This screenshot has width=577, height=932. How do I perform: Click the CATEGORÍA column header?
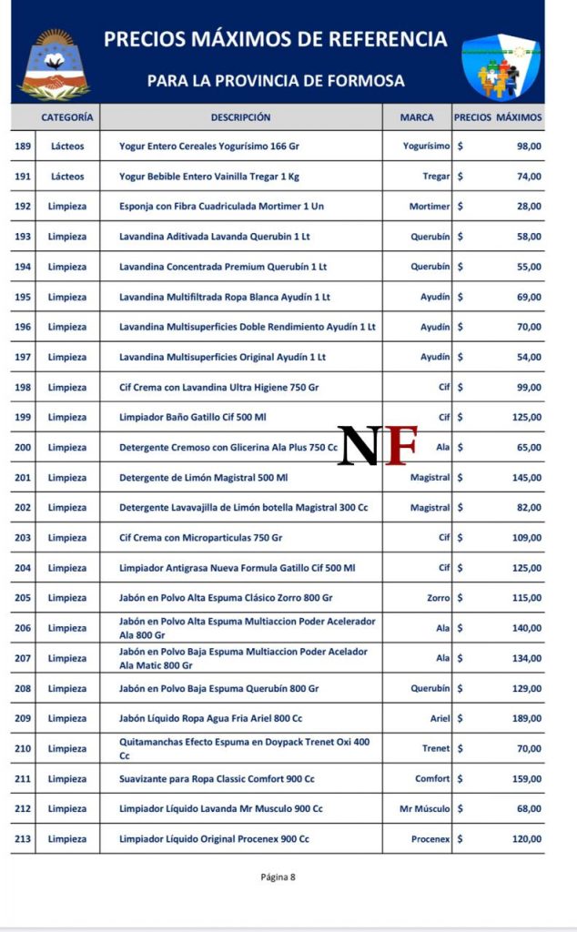(x=67, y=117)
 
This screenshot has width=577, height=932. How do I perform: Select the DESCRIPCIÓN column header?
(x=240, y=117)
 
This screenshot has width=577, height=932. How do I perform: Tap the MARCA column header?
(x=416, y=117)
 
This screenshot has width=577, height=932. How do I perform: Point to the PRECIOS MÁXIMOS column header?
(x=498, y=117)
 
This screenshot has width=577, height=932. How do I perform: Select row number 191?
(x=23, y=177)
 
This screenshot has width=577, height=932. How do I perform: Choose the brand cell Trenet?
(x=436, y=748)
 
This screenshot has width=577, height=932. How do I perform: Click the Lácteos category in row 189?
(x=67, y=147)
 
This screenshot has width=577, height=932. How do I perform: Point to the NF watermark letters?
(x=378, y=445)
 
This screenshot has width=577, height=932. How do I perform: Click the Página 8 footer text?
(x=278, y=877)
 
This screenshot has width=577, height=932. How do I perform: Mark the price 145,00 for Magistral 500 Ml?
(x=526, y=478)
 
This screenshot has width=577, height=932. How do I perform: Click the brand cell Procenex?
(x=430, y=839)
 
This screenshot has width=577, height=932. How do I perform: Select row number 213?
(x=23, y=839)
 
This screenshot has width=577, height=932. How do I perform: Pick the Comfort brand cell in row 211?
(x=432, y=779)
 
